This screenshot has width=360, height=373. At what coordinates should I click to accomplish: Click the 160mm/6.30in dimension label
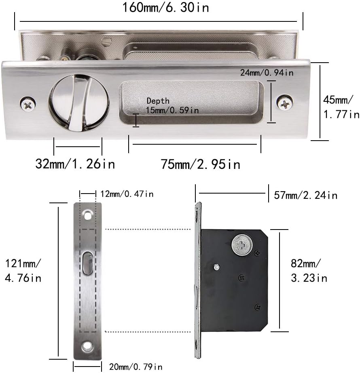(165, 7)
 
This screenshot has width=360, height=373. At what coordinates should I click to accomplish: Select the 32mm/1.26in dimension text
(75, 164)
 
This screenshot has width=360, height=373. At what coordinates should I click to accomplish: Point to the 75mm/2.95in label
(201, 164)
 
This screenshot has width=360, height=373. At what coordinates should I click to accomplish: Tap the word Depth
(158, 101)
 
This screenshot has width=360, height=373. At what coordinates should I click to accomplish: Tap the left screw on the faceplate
(28, 104)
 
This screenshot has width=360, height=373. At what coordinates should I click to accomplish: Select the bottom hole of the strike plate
(87, 346)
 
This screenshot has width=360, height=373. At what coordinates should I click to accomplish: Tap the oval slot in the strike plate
(87, 262)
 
